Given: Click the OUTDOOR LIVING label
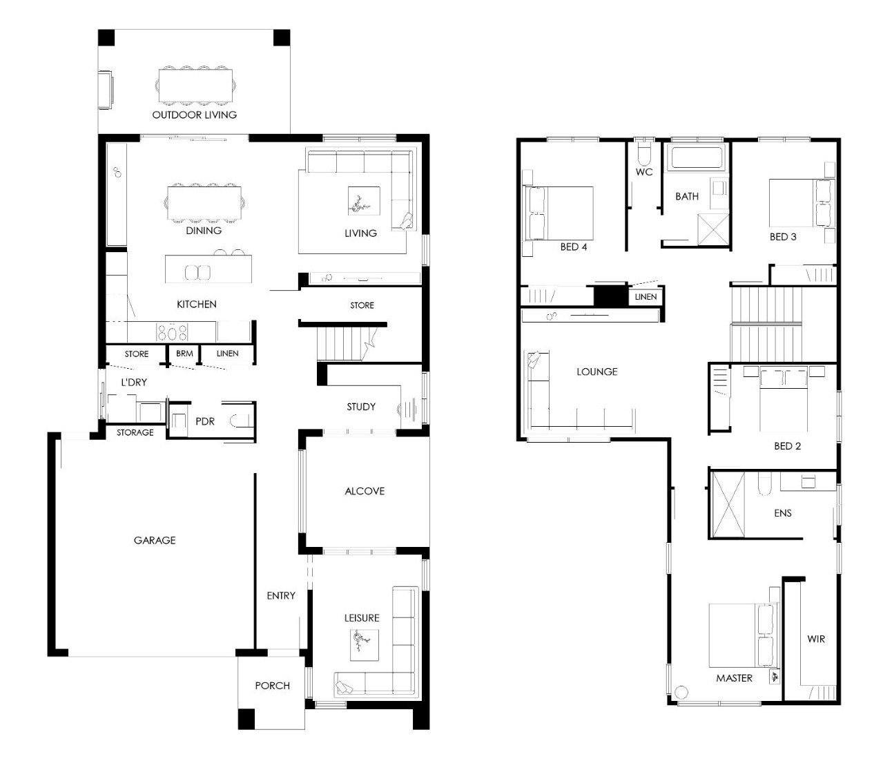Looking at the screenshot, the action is pos(194,115).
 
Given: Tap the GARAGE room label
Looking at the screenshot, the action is pos(155,540).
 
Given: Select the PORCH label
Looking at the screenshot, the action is pos(272,685).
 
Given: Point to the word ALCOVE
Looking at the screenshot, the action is pos(365,491).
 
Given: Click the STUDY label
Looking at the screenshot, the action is pos(361,407).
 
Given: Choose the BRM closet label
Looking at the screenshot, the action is pos(184,354).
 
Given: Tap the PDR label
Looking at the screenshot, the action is pos(204,421).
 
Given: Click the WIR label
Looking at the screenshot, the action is pos(815,639).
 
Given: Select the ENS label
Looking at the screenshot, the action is pos(783,513).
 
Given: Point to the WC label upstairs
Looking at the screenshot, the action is pos(644,172).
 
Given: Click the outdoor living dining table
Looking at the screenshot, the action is pos(195,86).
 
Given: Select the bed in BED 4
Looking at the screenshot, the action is pos(558,213).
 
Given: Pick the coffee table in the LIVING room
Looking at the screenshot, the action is pos(364,201).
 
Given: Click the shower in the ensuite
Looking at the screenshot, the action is pos(728,505).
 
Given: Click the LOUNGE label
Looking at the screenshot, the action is pos(597,372).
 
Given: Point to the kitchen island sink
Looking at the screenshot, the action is pos(197,272).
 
